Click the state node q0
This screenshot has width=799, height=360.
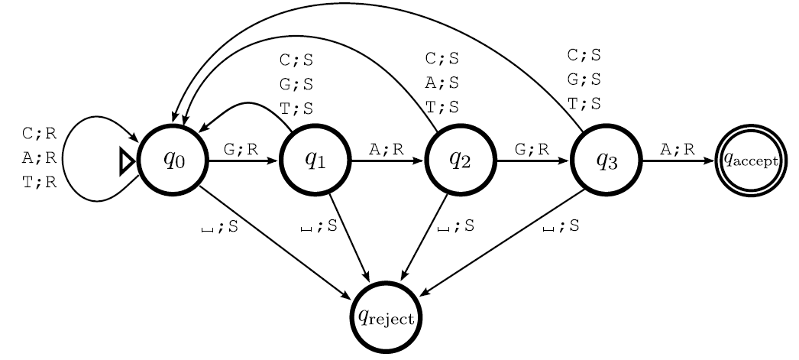click(173, 161)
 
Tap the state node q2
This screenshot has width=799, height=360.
click(460, 161)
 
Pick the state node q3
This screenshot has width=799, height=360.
click(606, 161)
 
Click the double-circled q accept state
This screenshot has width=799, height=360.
click(750, 161)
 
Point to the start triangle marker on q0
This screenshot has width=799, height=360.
click(128, 161)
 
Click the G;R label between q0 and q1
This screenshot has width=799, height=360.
click(241, 149)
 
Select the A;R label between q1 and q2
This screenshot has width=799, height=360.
click(386, 149)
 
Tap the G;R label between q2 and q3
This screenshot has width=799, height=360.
click(532, 149)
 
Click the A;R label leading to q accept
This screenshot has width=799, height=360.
click(678, 149)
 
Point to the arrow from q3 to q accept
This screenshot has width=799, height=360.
click(678, 161)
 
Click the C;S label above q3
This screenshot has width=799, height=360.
click(584, 55)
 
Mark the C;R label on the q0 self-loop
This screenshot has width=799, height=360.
click(40, 134)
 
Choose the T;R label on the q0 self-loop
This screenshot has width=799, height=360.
click(40, 184)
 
